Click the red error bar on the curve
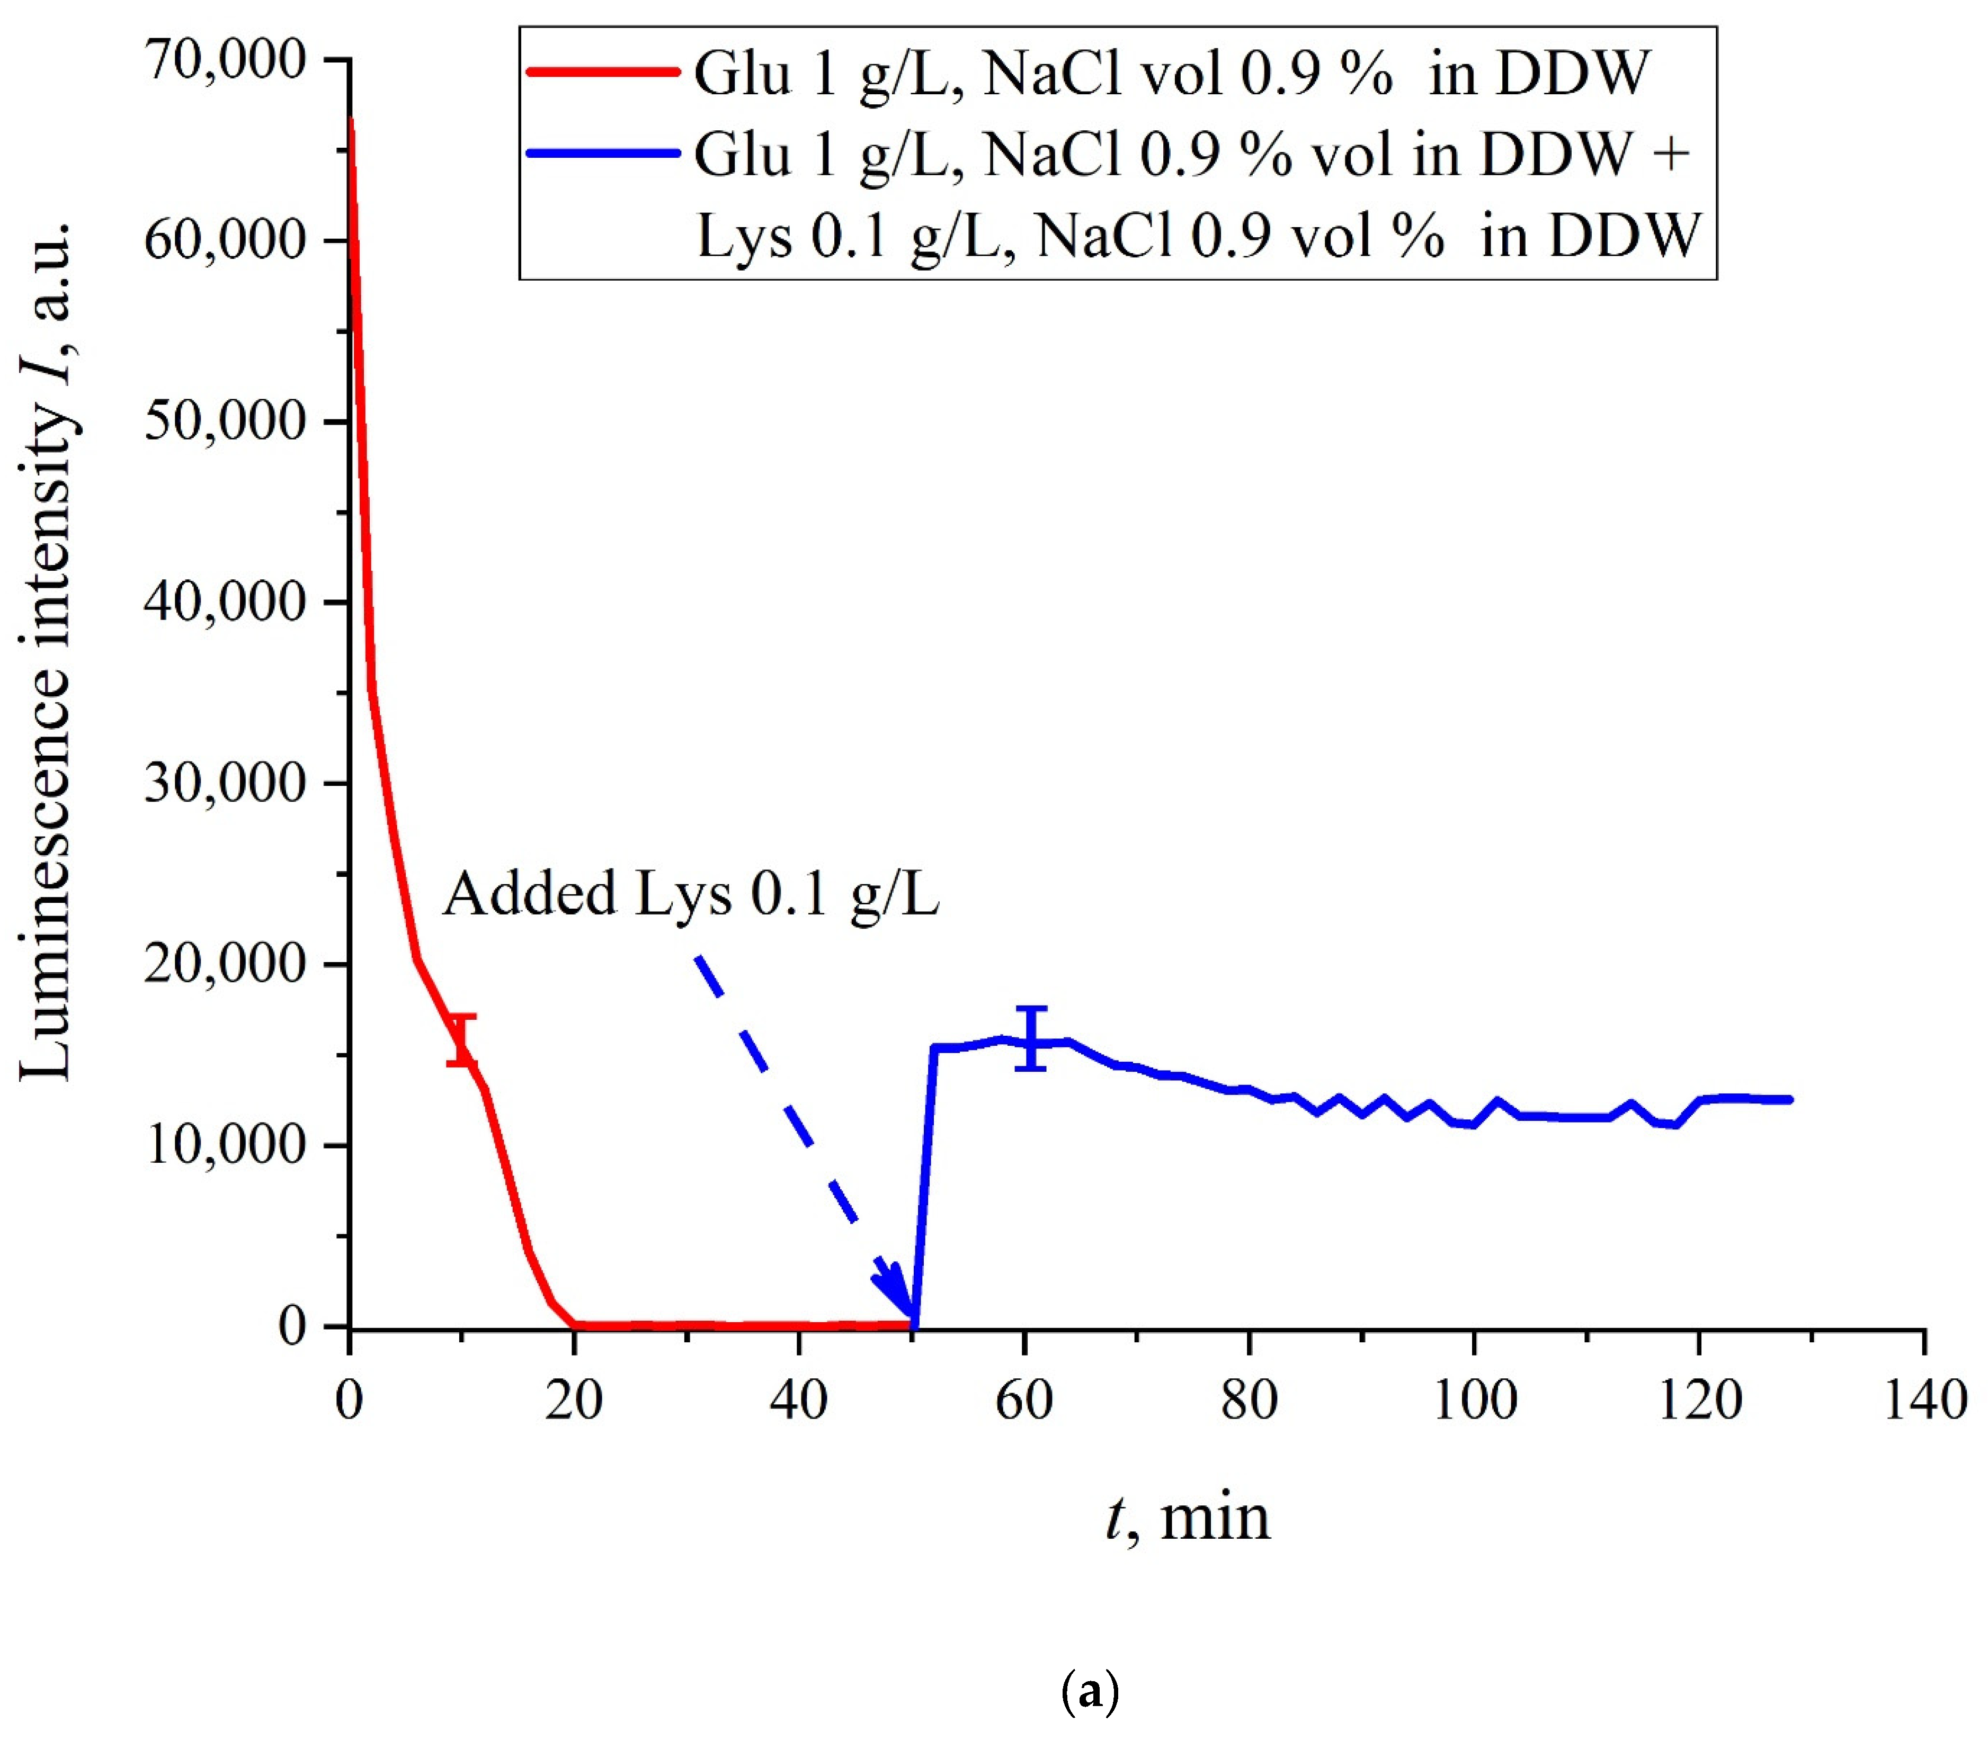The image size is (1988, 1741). pos(461,1039)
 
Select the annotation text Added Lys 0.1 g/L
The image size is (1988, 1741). pos(690,894)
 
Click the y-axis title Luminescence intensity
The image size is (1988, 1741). pos(46,651)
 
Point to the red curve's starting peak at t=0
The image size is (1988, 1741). pos(350,121)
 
